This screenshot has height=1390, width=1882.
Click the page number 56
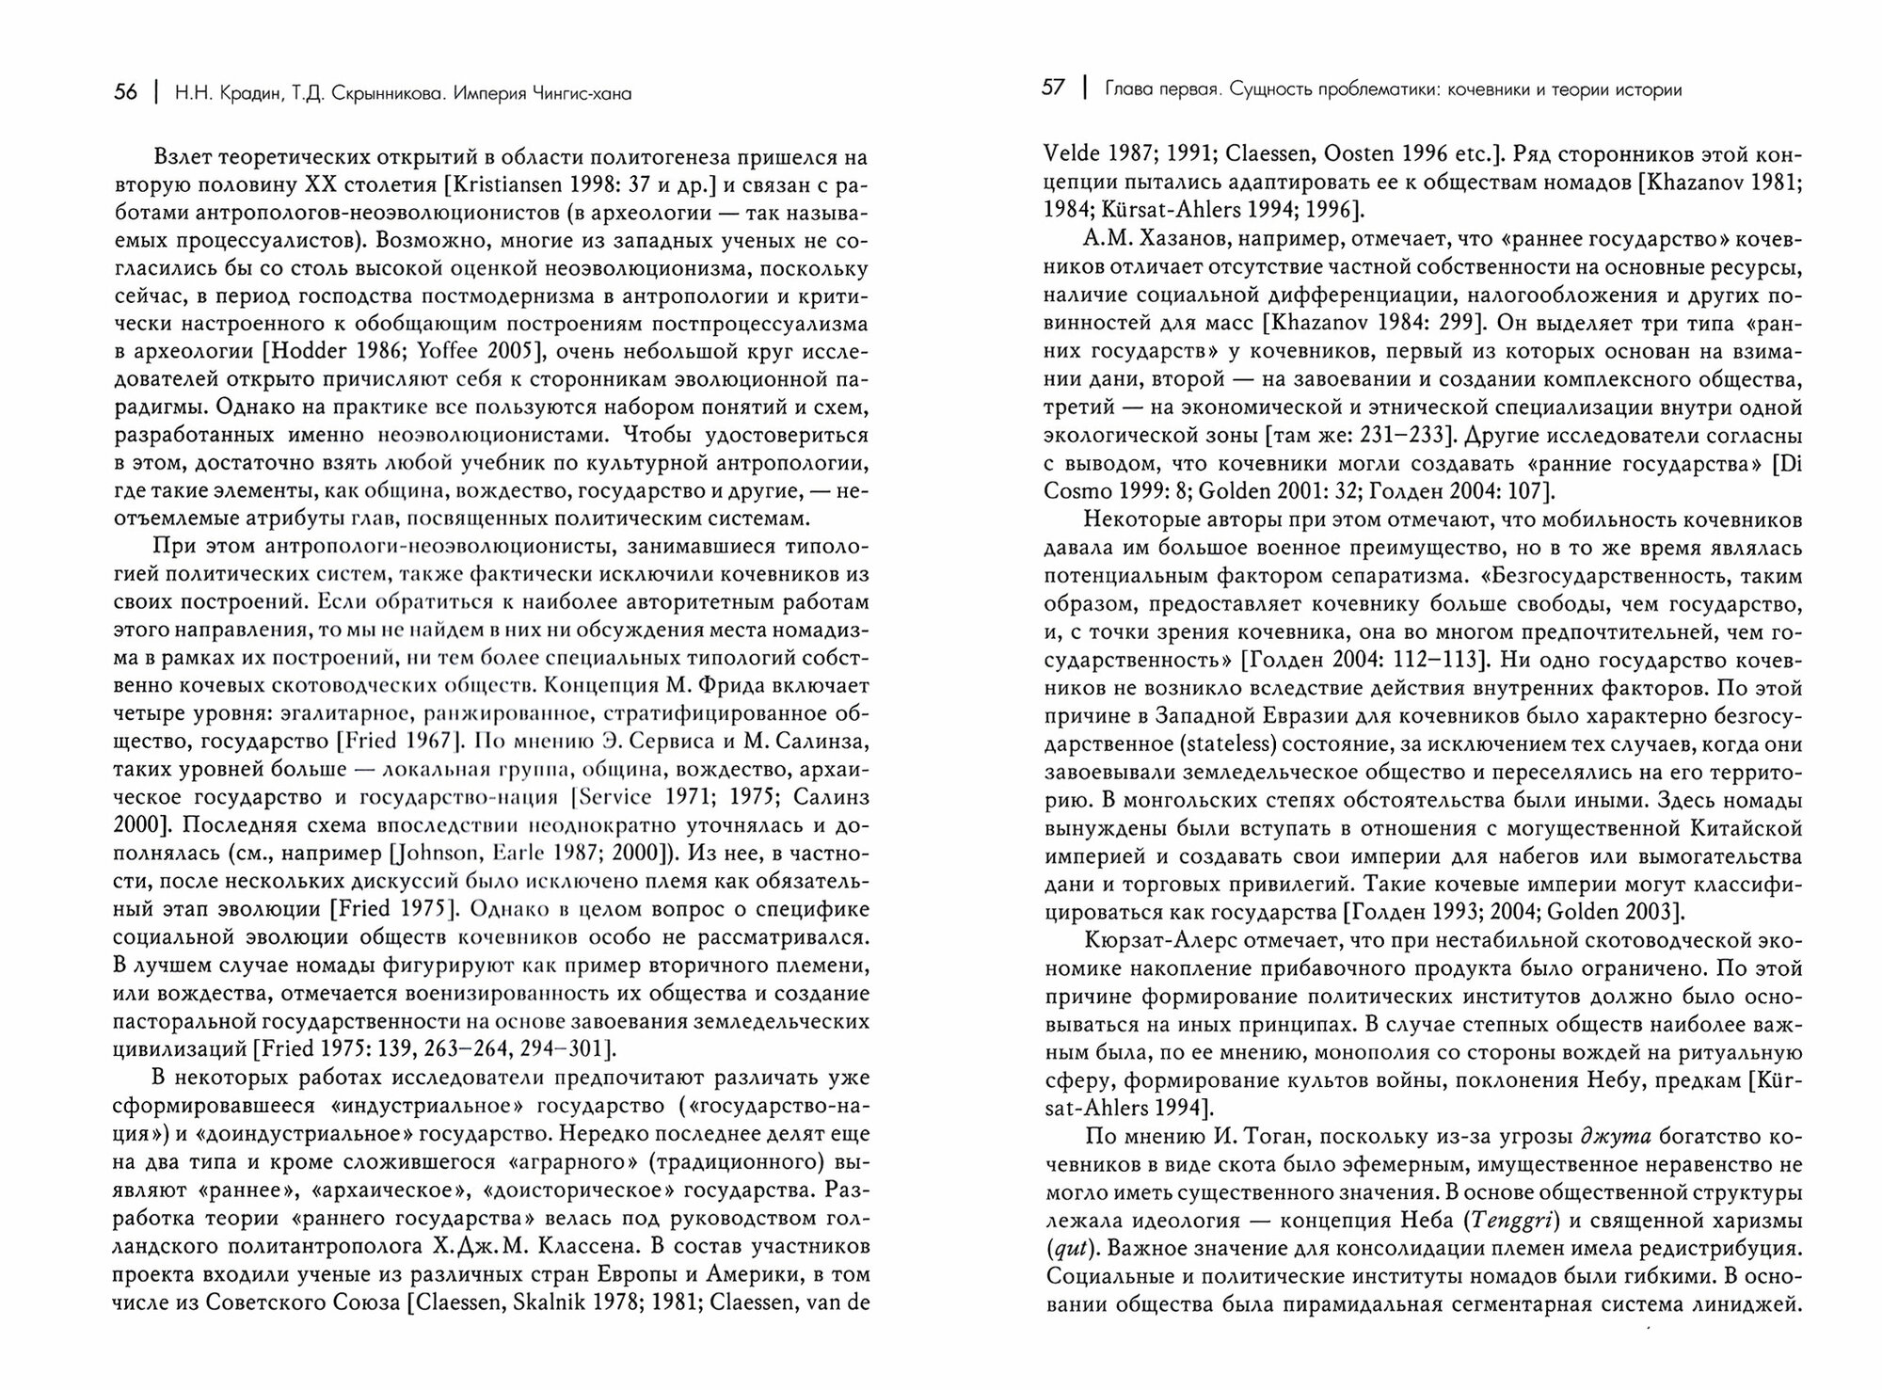coord(125,92)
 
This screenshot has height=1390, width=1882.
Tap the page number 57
coord(1053,89)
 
